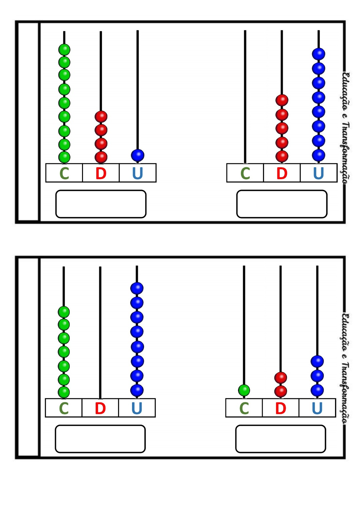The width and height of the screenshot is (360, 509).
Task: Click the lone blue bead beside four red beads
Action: pyautogui.click(x=137, y=155)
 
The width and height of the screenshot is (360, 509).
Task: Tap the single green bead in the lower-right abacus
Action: pyautogui.click(x=244, y=390)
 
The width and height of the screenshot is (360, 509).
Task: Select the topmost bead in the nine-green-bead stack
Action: pyautogui.click(x=64, y=50)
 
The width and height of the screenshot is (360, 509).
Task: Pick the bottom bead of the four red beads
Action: pyautogui.click(x=101, y=157)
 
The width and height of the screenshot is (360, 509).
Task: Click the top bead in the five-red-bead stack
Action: pyautogui.click(x=282, y=100)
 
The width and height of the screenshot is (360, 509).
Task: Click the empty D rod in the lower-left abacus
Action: pyautogui.click(x=100, y=333)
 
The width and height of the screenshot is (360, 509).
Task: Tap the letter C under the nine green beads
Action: pyautogui.click(x=64, y=173)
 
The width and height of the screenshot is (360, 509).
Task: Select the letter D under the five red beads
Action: pyautogui.click(x=282, y=173)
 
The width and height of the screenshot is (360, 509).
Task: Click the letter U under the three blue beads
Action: pyautogui.click(x=317, y=408)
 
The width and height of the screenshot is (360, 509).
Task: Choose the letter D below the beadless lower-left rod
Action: pyautogui.click(x=100, y=408)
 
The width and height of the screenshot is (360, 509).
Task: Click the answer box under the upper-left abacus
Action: pyautogui.click(x=101, y=204)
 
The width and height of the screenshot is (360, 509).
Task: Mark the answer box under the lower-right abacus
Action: pyautogui.click(x=280, y=439)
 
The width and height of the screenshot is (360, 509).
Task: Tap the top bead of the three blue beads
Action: pyautogui.click(x=317, y=361)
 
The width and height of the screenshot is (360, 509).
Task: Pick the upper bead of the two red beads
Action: pyautogui.click(x=281, y=378)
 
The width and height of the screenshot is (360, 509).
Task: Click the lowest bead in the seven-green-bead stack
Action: pyautogui.click(x=64, y=392)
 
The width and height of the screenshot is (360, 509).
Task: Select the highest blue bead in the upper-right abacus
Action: pyautogui.click(x=318, y=54)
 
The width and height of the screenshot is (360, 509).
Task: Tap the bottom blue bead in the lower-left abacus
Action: pyautogui.click(x=137, y=390)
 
